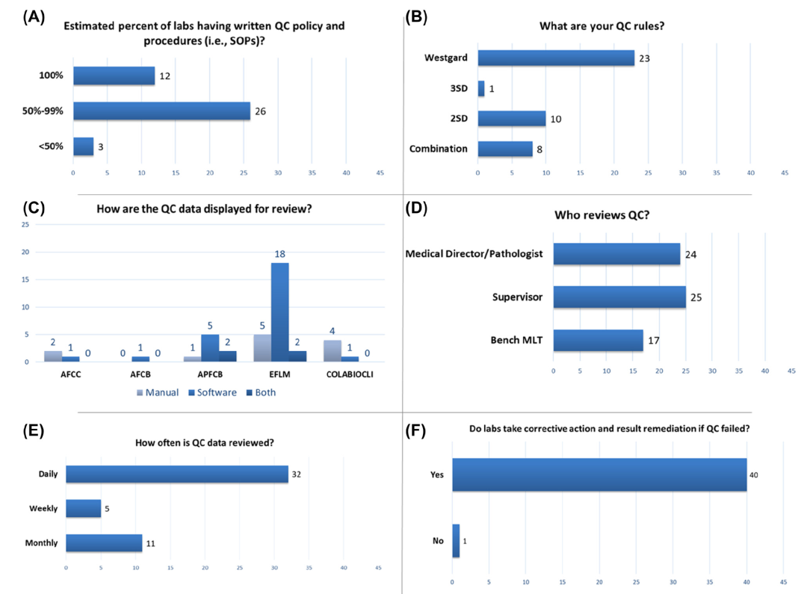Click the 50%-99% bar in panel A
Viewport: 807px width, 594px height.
(161, 111)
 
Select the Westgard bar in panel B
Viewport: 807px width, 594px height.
(556, 58)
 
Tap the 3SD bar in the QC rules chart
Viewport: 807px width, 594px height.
(481, 88)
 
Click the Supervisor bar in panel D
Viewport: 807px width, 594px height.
(619, 297)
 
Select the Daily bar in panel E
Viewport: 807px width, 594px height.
(176, 474)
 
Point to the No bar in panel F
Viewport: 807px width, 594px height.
(456, 540)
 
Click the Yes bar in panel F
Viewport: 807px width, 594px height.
(599, 475)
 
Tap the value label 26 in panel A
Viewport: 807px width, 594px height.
(260, 112)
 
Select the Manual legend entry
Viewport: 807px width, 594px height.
(158, 392)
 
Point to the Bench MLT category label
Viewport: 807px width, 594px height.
(517, 341)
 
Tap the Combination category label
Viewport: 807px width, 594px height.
(438, 149)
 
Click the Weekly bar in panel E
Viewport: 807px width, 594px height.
(83, 509)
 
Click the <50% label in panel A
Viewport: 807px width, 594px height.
(52, 146)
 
